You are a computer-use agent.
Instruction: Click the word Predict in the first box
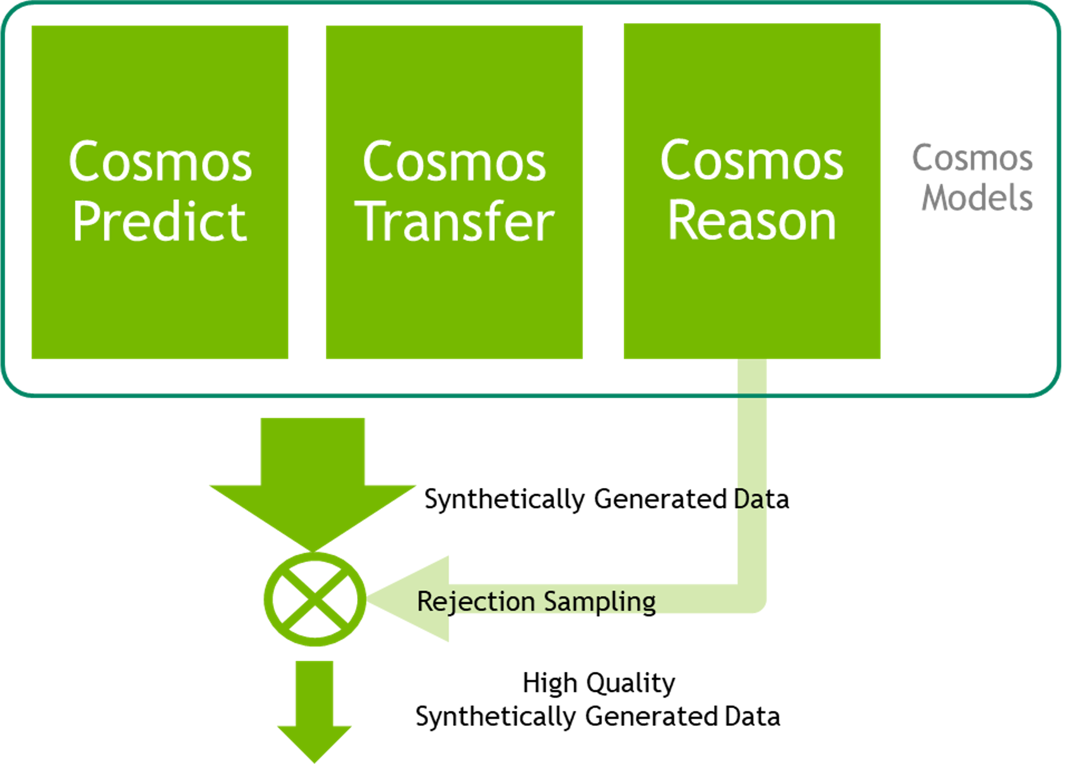click(160, 221)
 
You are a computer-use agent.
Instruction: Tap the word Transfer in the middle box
click(455, 221)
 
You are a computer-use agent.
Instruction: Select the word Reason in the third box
click(752, 220)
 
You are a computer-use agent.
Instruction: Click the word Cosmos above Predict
click(160, 162)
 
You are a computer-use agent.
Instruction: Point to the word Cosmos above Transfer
click(455, 162)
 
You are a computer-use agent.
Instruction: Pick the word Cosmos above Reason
click(752, 161)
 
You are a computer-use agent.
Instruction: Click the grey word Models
click(977, 197)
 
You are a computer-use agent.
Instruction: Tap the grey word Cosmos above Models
click(973, 159)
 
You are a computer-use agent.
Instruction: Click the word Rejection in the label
click(476, 602)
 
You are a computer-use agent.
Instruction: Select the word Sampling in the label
click(599, 602)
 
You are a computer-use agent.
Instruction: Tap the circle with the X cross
click(314, 599)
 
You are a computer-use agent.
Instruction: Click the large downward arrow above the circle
click(313, 485)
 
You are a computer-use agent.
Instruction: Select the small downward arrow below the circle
click(314, 710)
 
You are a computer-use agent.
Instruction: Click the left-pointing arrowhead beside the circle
click(414, 599)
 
